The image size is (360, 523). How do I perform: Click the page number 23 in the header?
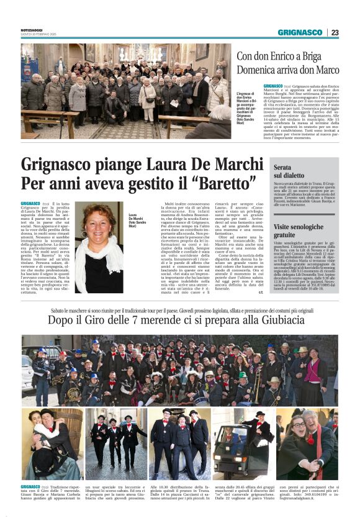click(x=335, y=32)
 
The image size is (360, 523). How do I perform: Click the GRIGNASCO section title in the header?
click(x=300, y=32)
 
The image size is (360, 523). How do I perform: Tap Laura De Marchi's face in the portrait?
click(x=99, y=222)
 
